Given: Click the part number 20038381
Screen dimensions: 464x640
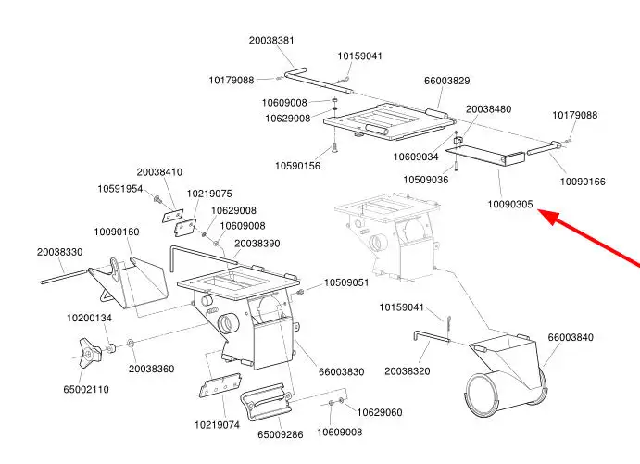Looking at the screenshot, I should (x=271, y=40).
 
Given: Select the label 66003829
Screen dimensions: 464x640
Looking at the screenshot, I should (x=446, y=81).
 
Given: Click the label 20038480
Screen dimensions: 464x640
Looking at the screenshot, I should (x=488, y=109).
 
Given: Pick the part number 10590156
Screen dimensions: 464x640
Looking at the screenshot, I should (x=297, y=166).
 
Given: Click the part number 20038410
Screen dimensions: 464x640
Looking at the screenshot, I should (x=160, y=172).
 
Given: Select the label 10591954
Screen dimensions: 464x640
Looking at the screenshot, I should (x=120, y=189).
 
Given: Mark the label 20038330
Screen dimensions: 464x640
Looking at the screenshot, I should (x=60, y=252).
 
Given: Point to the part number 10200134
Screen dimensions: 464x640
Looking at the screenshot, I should (x=89, y=318).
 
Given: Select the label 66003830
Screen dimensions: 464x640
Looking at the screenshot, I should (x=342, y=371).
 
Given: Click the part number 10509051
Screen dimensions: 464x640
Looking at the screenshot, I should (x=346, y=282).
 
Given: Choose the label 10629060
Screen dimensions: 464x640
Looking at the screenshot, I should (x=380, y=412).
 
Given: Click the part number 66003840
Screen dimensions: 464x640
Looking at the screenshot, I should (x=571, y=337).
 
